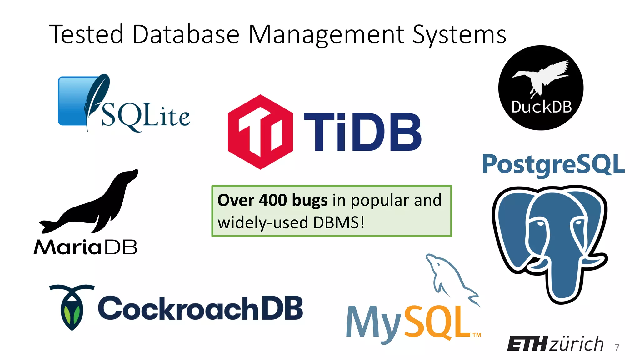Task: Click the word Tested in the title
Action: pos(86,34)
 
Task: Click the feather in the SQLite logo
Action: pos(96,97)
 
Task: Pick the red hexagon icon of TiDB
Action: pos(260,132)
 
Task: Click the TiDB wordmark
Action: pos(362,132)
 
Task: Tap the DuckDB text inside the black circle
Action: pos(541,107)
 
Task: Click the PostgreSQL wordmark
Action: pos(553,164)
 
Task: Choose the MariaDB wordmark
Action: pos(85,247)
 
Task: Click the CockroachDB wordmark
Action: pos(200,308)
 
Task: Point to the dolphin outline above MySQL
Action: pos(450,275)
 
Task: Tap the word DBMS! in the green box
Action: pos(339,223)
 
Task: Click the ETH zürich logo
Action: pos(555,344)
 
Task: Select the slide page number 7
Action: pos(617,347)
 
